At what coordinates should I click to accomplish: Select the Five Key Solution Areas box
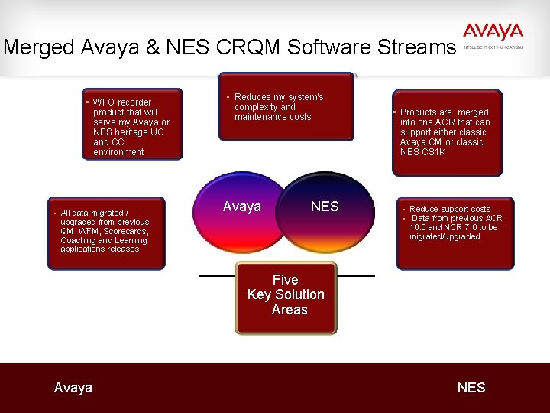tap(285, 298)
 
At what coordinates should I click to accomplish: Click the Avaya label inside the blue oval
tap(241, 206)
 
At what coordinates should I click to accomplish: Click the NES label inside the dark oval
tap(324, 206)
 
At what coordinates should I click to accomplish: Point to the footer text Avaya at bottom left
tap(73, 388)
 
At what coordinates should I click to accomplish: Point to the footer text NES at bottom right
tap(471, 388)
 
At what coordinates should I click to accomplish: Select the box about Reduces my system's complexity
tap(286, 107)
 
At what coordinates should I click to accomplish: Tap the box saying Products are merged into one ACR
tap(447, 132)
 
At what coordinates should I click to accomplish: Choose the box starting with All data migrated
tap(105, 232)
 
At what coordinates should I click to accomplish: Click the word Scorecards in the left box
tap(125, 231)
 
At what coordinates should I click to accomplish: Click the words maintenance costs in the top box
tap(273, 117)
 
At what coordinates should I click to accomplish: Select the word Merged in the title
tap(38, 47)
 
